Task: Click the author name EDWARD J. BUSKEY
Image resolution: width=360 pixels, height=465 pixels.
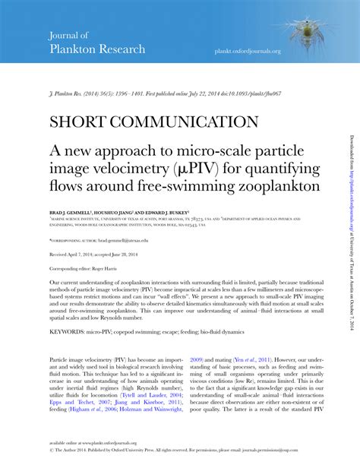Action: (x=169, y=213)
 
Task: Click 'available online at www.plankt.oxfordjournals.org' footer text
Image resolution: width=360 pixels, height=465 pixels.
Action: (x=95, y=441)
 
